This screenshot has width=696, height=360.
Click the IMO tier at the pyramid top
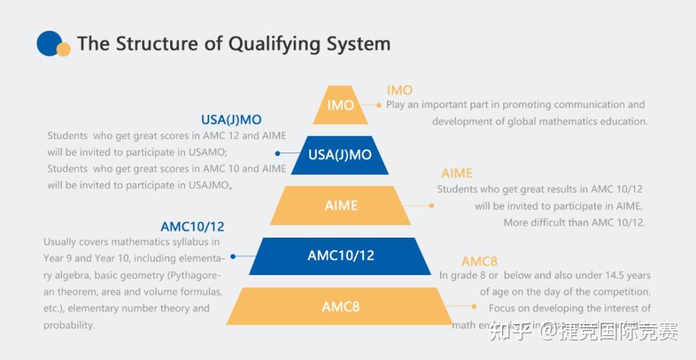[x=340, y=105]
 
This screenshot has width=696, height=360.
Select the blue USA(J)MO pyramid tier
[x=340, y=155]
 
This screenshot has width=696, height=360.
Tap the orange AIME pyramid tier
[x=340, y=205]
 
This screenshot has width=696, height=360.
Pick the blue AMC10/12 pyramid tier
[x=340, y=256]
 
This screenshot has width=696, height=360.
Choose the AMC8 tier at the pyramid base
[x=340, y=307]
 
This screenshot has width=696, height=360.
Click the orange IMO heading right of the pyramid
[x=400, y=90]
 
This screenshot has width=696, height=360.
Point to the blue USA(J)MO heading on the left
[x=231, y=120]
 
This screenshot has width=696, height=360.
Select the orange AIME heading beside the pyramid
[x=457, y=173]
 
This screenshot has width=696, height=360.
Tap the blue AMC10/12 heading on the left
[x=193, y=227]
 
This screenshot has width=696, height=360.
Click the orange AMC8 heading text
[x=479, y=261]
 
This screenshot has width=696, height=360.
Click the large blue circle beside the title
[x=49, y=43]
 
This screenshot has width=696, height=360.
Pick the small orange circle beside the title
[x=63, y=50]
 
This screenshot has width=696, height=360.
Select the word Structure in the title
[x=150, y=44]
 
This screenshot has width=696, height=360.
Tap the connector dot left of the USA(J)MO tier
[x=278, y=153]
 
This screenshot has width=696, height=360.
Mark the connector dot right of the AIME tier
[x=432, y=206]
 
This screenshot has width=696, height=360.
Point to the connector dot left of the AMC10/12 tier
[x=233, y=256]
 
